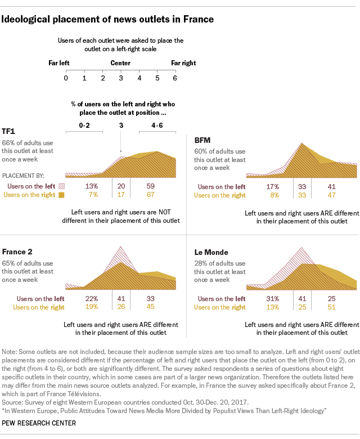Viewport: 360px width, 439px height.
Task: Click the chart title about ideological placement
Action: [x=108, y=19]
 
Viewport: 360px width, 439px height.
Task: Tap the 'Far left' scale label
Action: [x=59, y=63]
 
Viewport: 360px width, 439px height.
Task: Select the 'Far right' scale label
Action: [x=183, y=63]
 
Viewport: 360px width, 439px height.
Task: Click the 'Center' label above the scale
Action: [x=120, y=63]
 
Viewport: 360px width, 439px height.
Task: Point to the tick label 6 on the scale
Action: [x=175, y=78]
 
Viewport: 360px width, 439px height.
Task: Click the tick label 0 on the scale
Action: [x=66, y=78]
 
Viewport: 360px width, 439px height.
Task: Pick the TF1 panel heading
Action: [x=8, y=131]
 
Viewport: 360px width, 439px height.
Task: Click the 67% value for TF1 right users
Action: [x=150, y=195]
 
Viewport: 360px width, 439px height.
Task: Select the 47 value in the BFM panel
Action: [x=332, y=195]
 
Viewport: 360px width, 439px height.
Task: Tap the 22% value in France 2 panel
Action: [x=92, y=298]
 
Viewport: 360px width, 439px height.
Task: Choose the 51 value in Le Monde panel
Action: [x=332, y=307]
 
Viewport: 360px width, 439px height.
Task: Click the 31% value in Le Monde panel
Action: [x=273, y=298]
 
